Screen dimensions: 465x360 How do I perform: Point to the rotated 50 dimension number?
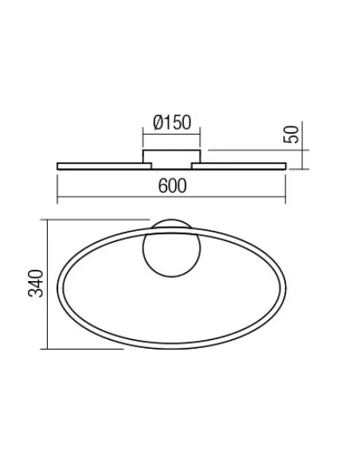(294, 134)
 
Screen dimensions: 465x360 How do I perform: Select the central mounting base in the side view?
(171, 156)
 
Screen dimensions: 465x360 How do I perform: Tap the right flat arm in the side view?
(242, 166)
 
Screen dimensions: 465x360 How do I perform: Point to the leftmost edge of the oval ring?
(61, 284)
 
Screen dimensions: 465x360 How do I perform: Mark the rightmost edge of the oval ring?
(283, 284)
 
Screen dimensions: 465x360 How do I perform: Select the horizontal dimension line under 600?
(171, 198)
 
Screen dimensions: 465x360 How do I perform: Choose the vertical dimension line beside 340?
(49, 284)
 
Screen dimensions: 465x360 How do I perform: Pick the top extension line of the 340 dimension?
(96, 221)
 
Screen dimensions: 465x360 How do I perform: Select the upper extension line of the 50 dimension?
(255, 148)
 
